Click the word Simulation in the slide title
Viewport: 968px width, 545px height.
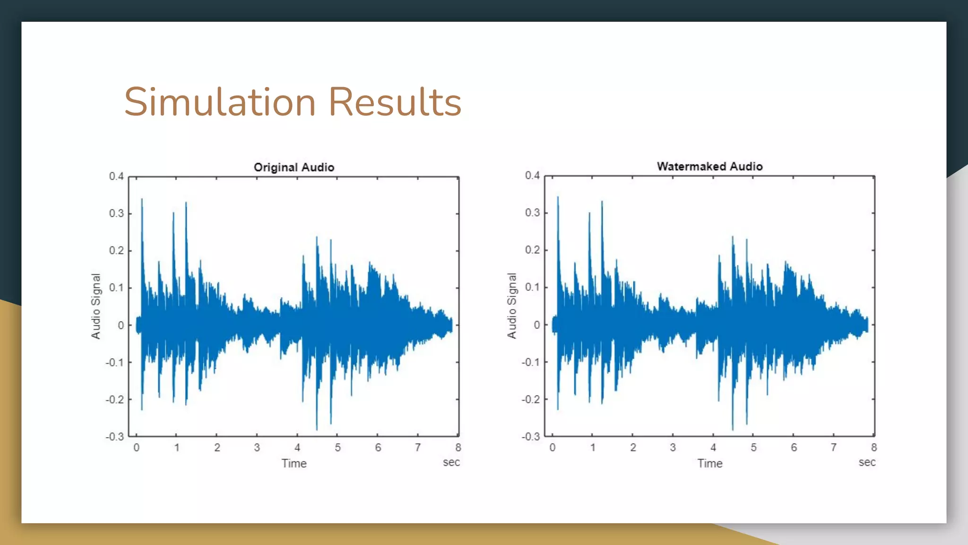(x=220, y=102)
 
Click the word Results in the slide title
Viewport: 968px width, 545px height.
(x=395, y=102)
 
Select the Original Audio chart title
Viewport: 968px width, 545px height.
(x=294, y=167)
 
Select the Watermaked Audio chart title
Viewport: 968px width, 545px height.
(x=709, y=167)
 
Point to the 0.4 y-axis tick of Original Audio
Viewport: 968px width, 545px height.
(x=116, y=176)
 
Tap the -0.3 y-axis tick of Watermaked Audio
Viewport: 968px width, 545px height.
(x=530, y=437)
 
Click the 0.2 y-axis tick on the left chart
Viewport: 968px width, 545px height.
(x=116, y=251)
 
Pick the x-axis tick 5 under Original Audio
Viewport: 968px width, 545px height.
(x=337, y=448)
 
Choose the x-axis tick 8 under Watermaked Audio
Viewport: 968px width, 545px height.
(x=874, y=448)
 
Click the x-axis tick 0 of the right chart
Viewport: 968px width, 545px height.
(x=552, y=448)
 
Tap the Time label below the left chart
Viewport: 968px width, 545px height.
(x=294, y=464)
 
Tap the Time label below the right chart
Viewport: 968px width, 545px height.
(x=710, y=464)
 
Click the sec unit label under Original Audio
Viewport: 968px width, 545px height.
(x=451, y=462)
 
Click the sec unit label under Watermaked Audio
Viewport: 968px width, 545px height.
(x=867, y=462)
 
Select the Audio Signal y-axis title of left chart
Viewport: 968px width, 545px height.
(x=96, y=306)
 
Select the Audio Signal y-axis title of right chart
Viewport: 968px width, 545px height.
(x=512, y=306)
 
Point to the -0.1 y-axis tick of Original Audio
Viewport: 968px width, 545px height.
(x=114, y=363)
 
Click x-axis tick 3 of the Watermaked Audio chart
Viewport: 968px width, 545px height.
(x=673, y=448)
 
